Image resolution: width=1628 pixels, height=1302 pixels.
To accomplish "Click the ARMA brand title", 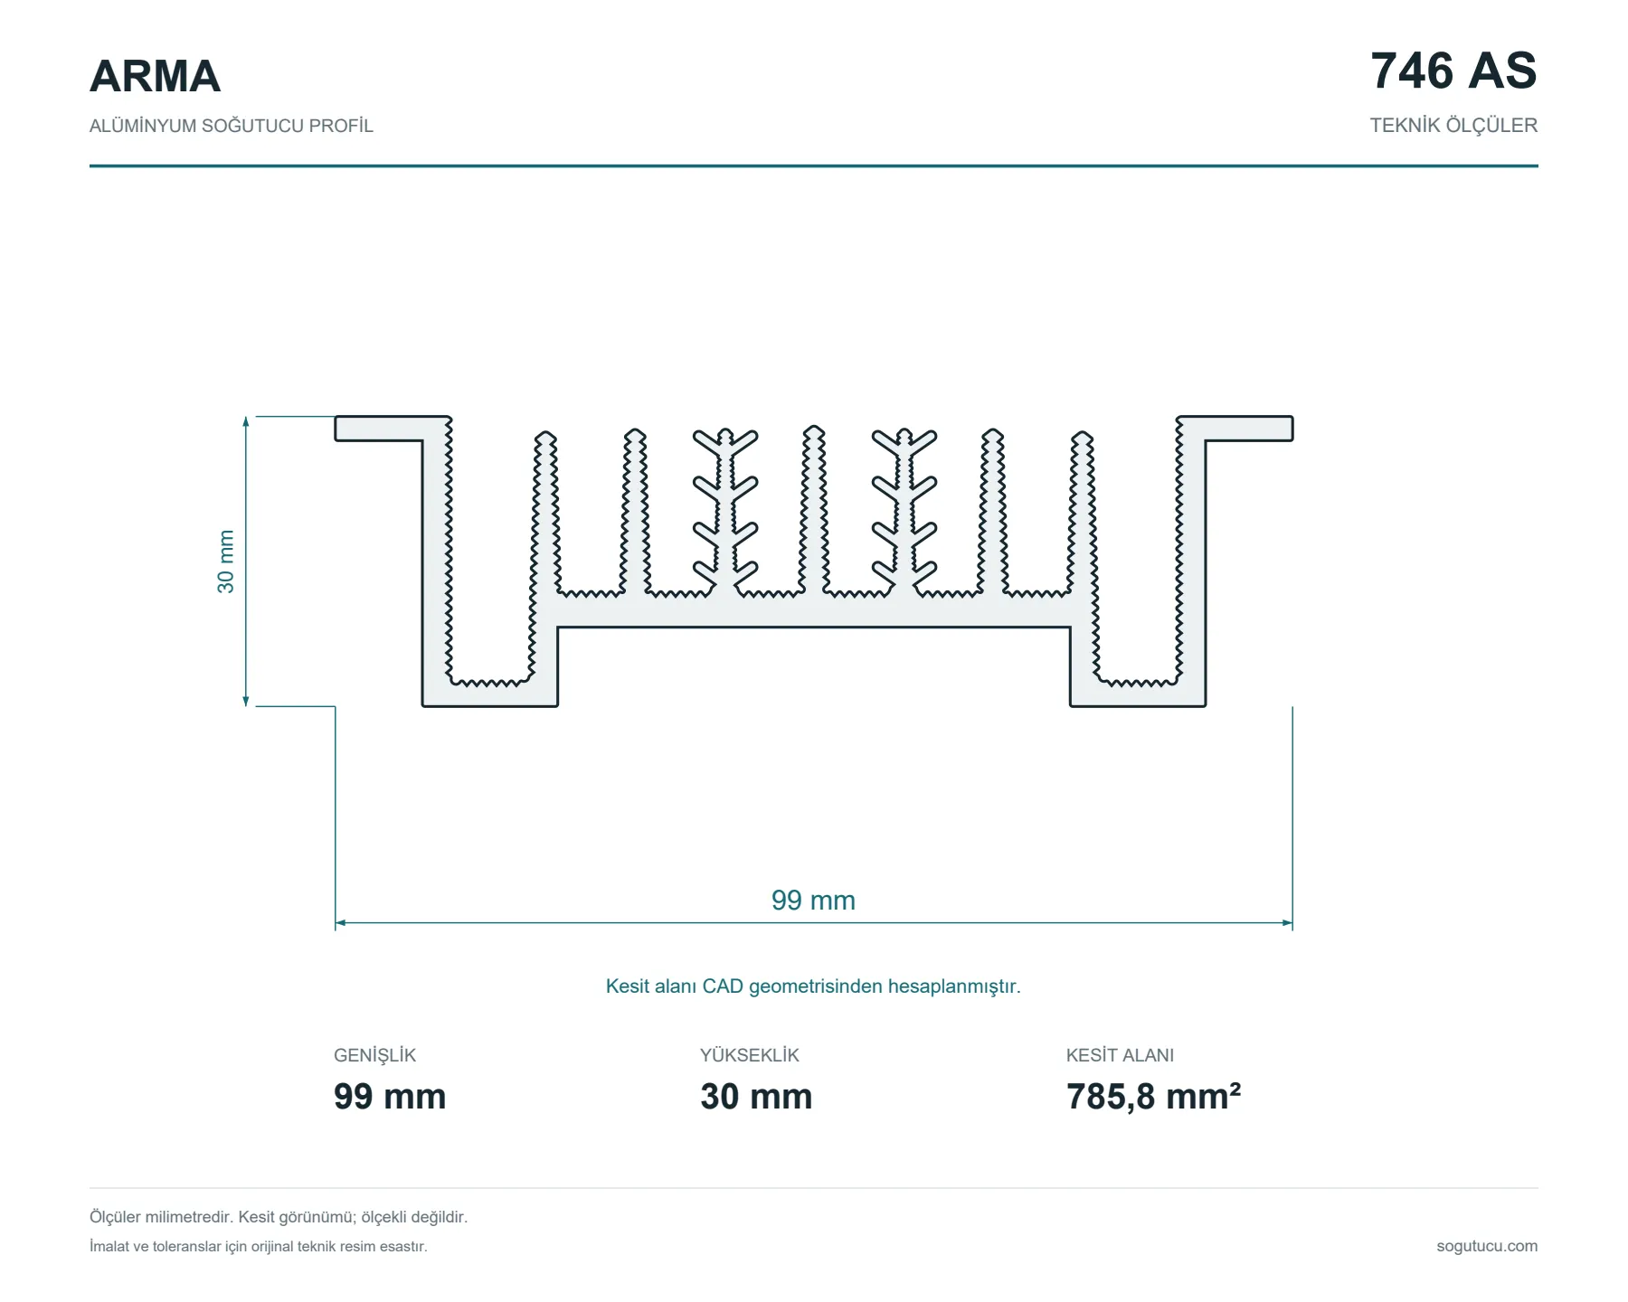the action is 155,76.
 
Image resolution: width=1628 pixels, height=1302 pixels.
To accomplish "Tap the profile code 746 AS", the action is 1453,71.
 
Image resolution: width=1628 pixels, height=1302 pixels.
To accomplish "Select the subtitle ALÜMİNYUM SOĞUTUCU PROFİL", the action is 231,126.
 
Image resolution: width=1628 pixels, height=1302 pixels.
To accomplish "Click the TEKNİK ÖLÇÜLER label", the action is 1453,126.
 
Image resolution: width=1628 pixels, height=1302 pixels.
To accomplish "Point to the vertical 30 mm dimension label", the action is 225,561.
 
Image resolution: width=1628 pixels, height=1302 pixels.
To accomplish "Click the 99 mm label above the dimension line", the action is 813,901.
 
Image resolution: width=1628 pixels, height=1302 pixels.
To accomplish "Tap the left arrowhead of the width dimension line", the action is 340,923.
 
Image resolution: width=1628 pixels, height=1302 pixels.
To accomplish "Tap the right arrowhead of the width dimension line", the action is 1288,923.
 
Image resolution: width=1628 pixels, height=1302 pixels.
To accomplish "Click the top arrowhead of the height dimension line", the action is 246,421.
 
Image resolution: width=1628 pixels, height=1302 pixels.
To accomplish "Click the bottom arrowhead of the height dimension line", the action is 246,701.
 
